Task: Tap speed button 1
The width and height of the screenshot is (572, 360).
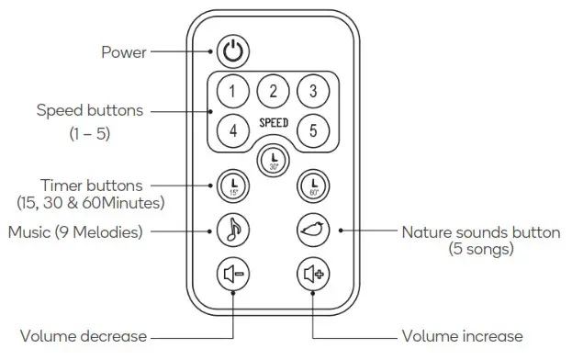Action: pos(232,91)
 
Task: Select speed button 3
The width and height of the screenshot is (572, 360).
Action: pos(313,91)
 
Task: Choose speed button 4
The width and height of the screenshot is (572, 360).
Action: pos(232,130)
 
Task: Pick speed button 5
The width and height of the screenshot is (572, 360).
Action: pos(313,130)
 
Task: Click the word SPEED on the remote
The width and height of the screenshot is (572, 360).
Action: pos(273,122)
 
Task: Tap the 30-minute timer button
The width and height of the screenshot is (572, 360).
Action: pos(273,160)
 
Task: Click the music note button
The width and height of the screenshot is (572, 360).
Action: pos(232,229)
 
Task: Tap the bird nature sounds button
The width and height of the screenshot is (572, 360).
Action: pos(313,229)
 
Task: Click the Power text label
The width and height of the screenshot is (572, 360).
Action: pos(123,52)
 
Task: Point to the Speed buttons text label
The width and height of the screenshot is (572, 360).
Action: pos(90,111)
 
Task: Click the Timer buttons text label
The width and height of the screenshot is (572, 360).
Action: pos(90,186)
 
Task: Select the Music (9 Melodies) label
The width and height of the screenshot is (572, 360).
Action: pos(75,231)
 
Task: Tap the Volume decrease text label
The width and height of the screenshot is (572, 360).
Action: pos(82,336)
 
